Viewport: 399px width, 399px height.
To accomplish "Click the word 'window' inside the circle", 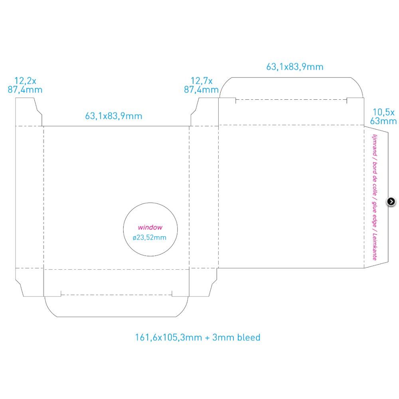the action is (150, 227).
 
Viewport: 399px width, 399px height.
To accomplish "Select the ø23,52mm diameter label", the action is (149, 237).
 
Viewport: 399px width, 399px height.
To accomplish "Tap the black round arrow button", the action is (391, 201).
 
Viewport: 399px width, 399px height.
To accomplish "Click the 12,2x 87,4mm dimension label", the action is (25, 85).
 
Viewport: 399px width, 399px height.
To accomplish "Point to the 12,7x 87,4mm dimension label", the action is (201, 85).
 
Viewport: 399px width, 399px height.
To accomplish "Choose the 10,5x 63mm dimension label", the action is (383, 116).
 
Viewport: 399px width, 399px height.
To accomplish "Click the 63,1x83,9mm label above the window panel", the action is (113, 116).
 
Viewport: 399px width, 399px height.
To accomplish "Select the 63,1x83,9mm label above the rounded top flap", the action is (295, 67).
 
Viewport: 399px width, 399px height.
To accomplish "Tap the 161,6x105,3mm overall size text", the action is (168, 338).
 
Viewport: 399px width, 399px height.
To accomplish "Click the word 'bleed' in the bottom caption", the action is (249, 338).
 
